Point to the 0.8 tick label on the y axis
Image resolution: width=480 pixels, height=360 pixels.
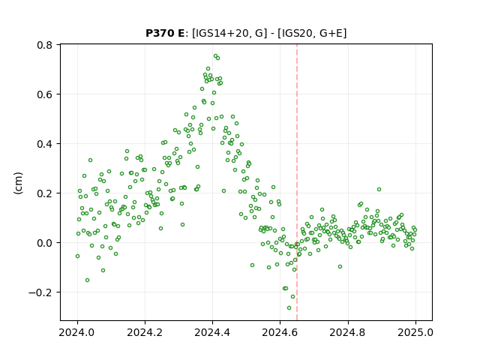tap(45, 45)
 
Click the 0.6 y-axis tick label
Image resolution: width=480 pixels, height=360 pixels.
tap(45, 94)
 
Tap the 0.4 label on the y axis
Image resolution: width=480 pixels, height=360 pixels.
tap(45, 144)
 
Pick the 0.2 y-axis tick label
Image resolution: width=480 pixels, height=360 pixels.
tap(45, 193)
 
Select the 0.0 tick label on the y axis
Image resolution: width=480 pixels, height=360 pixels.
tap(45, 243)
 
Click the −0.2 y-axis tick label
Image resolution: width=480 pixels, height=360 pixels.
tap(40, 292)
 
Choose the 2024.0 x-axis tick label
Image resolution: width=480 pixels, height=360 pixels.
tap(77, 332)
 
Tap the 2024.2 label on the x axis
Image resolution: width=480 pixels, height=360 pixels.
tap(145, 332)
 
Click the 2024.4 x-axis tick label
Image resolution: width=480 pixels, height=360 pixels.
tap(212, 332)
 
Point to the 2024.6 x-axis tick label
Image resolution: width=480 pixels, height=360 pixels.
tap(280, 332)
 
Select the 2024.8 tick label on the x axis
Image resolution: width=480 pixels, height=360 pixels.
tap(348, 332)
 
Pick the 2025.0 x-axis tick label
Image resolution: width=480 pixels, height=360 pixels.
tap(415, 332)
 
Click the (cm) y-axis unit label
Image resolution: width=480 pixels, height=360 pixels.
tap(18, 183)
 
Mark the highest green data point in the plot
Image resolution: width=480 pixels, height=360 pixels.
tap(215, 56)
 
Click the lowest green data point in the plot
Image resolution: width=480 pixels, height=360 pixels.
tap(289, 308)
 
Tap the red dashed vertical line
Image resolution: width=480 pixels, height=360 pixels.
tap(297, 182)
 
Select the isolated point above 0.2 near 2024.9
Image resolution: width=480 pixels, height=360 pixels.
tap(379, 190)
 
